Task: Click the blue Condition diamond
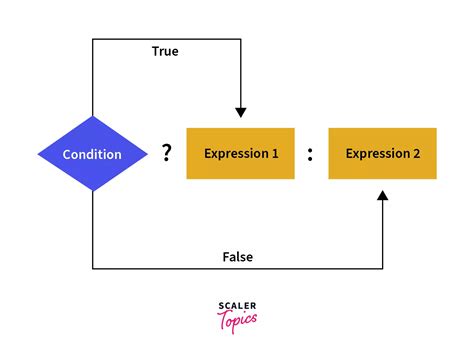pyautogui.click(x=92, y=154)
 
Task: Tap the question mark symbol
pyautogui.click(x=167, y=153)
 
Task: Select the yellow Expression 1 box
pyautogui.click(x=240, y=153)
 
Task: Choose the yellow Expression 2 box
pyautogui.click(x=382, y=153)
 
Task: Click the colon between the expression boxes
pyautogui.click(x=311, y=154)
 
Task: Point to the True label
pyautogui.click(x=166, y=50)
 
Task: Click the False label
pyautogui.click(x=237, y=257)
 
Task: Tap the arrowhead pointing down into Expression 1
pyautogui.click(x=240, y=111)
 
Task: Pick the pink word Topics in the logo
pyautogui.click(x=237, y=319)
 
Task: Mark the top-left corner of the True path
pyautogui.click(x=93, y=39)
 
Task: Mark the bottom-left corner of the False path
pyautogui.click(x=93, y=268)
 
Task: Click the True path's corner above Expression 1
pyautogui.click(x=240, y=39)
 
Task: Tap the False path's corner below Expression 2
pyautogui.click(x=383, y=268)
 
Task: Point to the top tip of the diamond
pyautogui.click(x=93, y=116)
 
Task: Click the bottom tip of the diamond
pyautogui.click(x=93, y=192)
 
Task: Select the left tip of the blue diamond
pyautogui.click(x=38, y=154)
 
